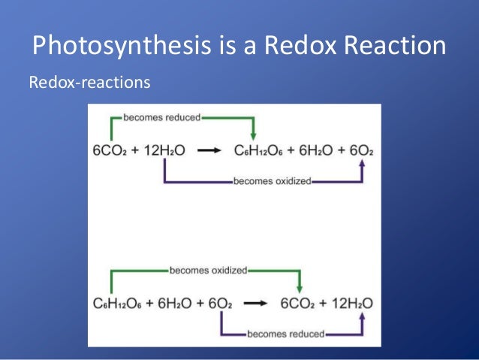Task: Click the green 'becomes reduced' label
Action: (x=161, y=117)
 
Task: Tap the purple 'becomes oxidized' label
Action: (x=272, y=181)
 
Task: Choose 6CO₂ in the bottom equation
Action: (x=299, y=304)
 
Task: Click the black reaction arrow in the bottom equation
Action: (x=257, y=304)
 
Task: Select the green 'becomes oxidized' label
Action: (x=208, y=270)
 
